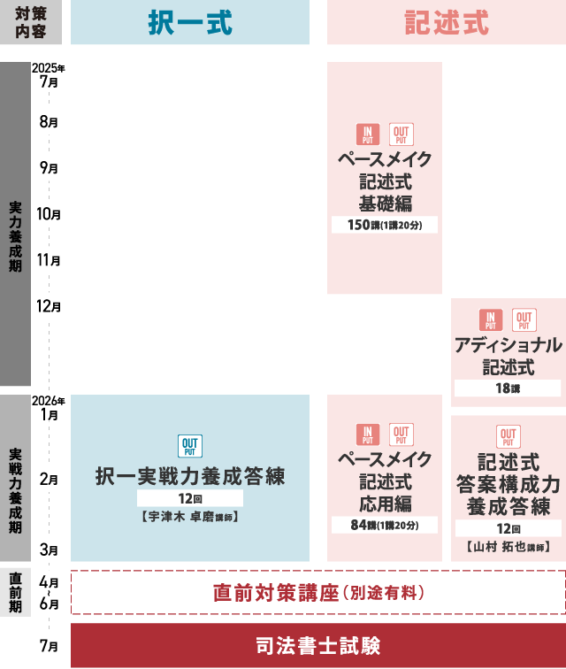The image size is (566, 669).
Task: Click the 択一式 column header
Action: pos(190,22)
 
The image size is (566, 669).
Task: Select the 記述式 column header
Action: pos(447,22)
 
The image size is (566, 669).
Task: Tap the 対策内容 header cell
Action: pos(31,22)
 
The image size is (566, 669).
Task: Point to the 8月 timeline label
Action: pos(49,122)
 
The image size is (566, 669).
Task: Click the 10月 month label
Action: pos(49,214)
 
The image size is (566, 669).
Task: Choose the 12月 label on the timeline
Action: pos(49,306)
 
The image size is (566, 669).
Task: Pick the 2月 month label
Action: pos(49,480)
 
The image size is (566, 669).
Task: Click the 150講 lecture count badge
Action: pos(385,225)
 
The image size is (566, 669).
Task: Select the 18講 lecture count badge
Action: pos(508,388)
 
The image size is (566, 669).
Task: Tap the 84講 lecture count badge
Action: pos(385,525)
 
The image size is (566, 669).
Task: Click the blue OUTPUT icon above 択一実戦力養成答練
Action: pos(190,446)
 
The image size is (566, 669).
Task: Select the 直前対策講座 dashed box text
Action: pos(318,593)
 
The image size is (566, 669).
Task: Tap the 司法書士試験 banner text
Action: pos(318,645)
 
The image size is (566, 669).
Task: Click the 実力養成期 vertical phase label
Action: pos(15,237)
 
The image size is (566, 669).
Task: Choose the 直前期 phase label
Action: pos(15,593)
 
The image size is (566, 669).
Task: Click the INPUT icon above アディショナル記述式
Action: pos(491,320)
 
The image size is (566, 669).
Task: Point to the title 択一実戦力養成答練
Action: pos(190,476)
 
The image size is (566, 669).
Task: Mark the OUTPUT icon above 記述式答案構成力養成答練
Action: pos(508,436)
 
